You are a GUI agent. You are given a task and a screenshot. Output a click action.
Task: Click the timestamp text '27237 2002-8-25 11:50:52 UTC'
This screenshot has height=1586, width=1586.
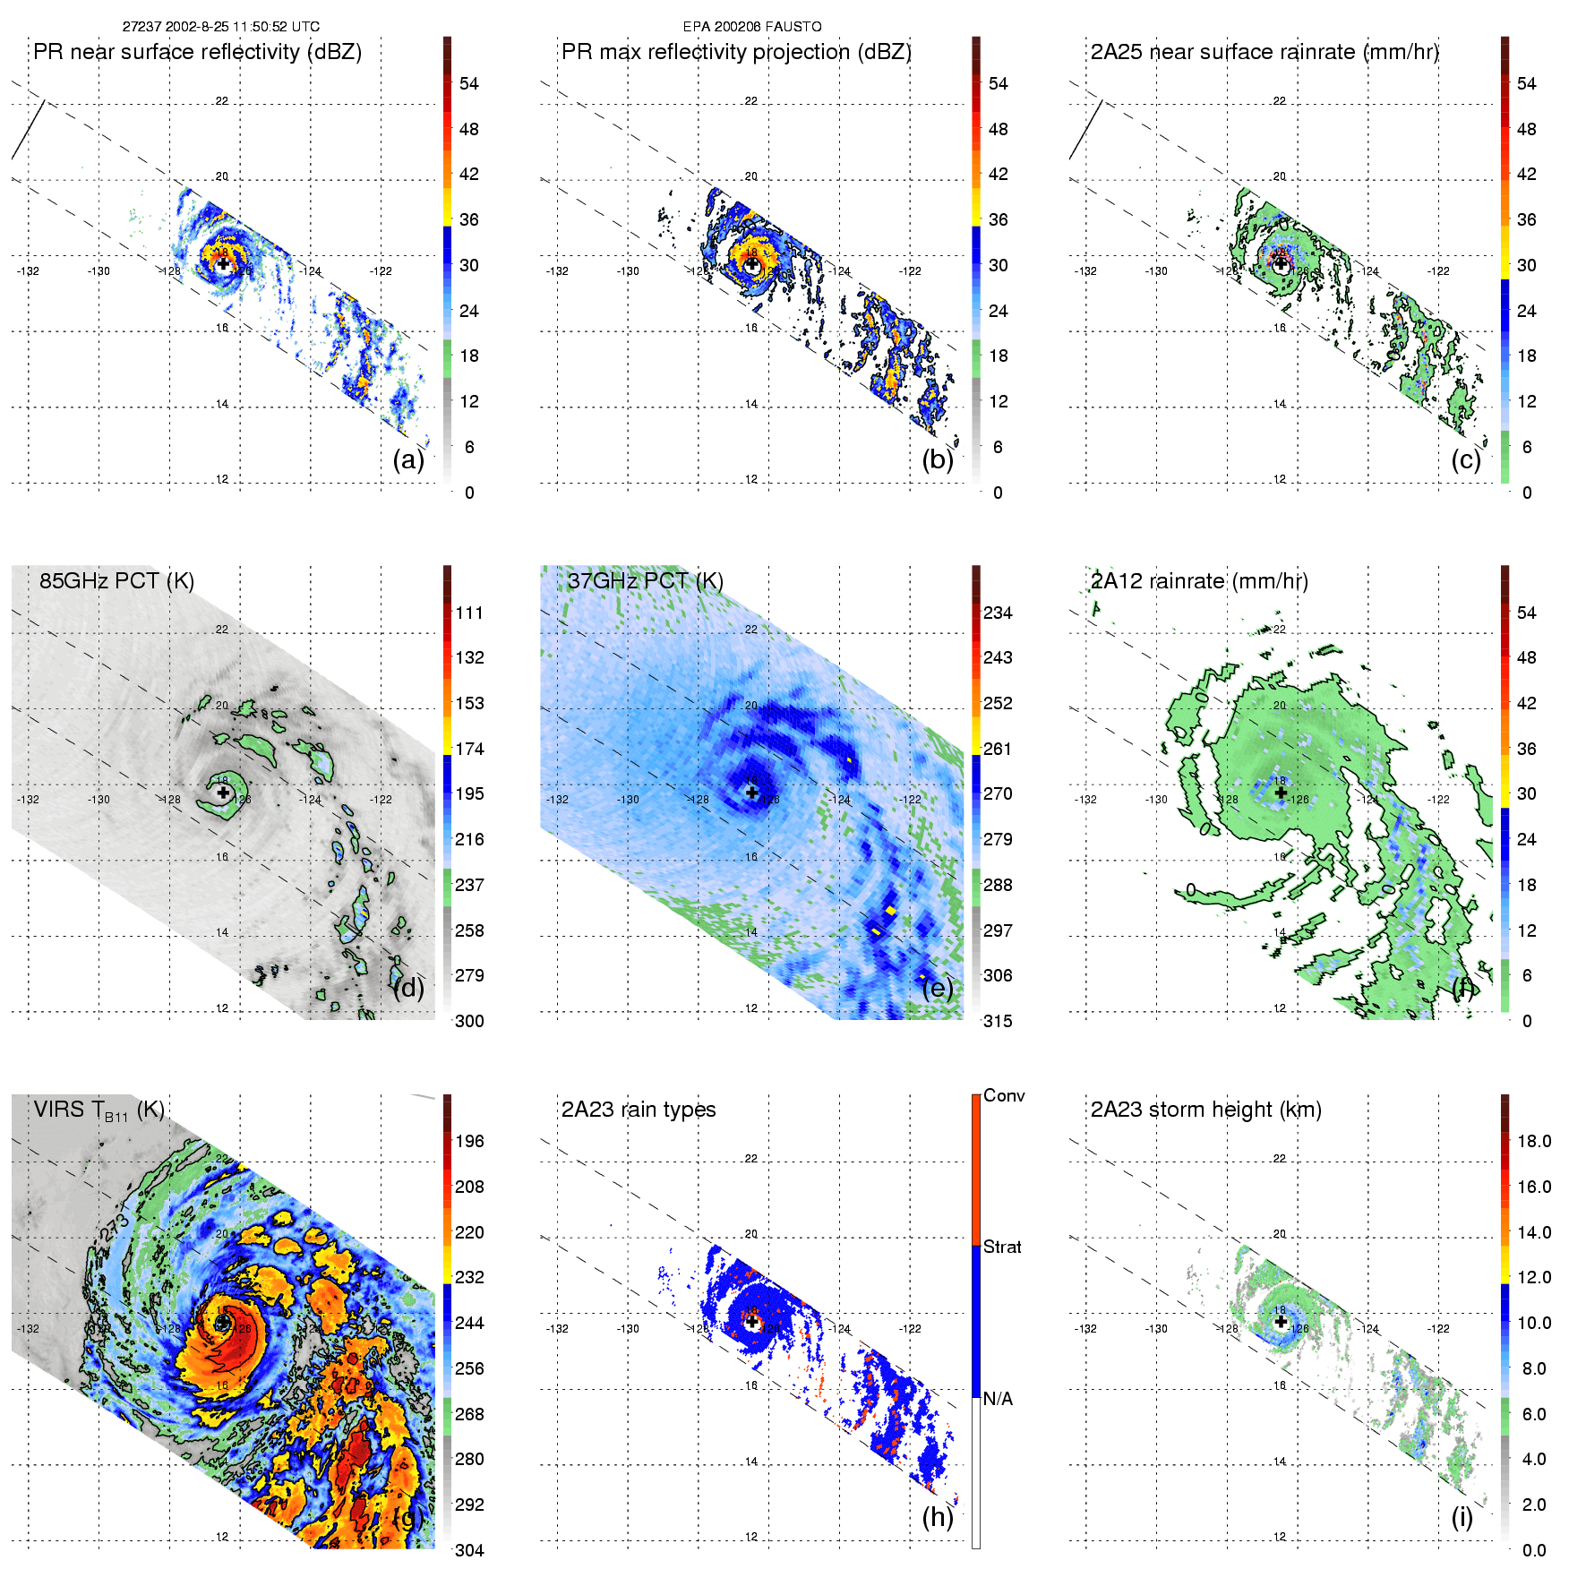coord(220,27)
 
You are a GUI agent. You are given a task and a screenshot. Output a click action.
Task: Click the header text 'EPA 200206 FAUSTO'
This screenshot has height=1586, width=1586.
coord(752,27)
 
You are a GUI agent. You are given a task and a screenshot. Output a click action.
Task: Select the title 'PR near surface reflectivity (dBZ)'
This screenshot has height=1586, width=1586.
coord(197,52)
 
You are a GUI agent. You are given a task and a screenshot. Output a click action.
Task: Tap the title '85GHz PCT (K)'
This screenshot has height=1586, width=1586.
coord(116,580)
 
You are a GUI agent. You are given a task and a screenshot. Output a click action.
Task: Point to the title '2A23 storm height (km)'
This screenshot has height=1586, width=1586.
coord(1205,1110)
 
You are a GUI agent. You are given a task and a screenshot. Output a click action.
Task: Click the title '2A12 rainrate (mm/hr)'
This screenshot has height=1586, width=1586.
coord(1199,580)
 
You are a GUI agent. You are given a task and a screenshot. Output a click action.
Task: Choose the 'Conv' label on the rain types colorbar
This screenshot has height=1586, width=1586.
coord(1004,1095)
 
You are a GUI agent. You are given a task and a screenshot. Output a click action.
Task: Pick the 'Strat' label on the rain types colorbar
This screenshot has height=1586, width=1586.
coord(1002,1247)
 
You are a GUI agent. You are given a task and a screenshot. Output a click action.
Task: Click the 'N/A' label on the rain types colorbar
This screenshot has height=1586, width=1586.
coord(999,1399)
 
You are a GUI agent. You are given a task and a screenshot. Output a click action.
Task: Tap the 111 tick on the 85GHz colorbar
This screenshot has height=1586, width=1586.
coord(469,613)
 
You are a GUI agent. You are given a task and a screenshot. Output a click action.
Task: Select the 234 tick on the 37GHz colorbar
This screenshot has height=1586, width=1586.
coord(998,613)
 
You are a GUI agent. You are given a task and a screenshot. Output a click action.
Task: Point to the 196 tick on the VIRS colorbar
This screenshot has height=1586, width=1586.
coord(469,1141)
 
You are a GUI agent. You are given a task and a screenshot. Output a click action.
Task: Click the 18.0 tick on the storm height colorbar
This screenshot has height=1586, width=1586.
coord(1534,1141)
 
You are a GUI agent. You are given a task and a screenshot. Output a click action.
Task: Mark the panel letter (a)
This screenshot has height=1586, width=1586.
coord(408,459)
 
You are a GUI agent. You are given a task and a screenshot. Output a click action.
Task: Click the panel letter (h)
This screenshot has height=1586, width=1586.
coord(938,1517)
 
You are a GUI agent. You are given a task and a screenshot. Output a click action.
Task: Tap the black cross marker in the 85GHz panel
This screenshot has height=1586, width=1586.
coord(223,793)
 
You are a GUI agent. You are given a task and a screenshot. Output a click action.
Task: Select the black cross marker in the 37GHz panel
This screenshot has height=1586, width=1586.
coord(752,793)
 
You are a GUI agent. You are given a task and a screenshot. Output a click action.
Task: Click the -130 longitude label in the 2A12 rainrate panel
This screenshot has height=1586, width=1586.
coord(1156,800)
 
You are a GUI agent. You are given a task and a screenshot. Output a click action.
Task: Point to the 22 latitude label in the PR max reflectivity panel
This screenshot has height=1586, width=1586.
coord(751,101)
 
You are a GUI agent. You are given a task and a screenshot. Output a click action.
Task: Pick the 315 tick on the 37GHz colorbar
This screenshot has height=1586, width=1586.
coord(998,1021)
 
